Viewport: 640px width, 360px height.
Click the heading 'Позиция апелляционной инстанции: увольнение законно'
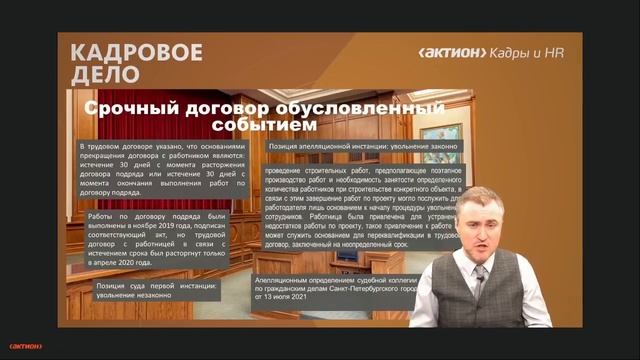pos(362,147)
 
